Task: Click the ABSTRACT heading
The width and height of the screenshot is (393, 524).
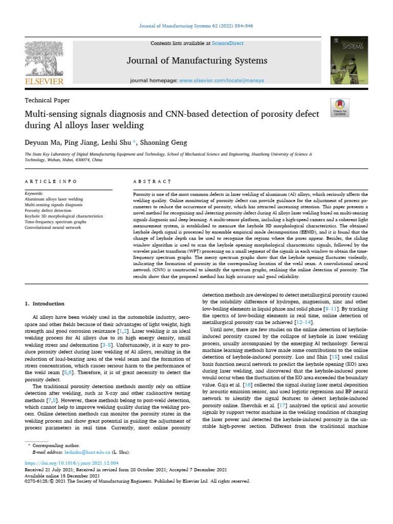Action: pyautogui.click(x=151, y=181)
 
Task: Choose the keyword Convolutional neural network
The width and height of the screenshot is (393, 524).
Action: pyautogui.click(x=53, y=228)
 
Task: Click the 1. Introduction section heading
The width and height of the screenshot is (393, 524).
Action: pyautogui.click(x=45, y=304)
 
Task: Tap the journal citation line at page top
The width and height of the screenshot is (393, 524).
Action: pyautogui.click(x=196, y=26)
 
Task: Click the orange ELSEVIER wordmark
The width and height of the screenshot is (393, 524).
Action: pyautogui.click(x=43, y=82)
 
